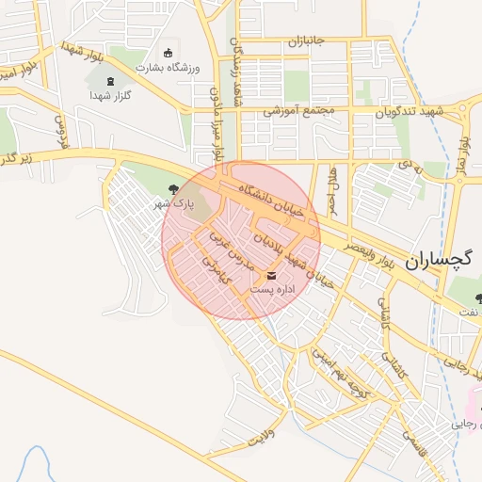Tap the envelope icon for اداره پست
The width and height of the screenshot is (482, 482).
(x=272, y=276)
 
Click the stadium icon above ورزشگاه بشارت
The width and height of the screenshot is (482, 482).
(x=169, y=53)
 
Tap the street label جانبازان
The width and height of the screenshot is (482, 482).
(x=306, y=41)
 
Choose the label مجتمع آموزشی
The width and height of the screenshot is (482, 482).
(x=299, y=110)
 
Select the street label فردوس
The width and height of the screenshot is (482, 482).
(x=63, y=133)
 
